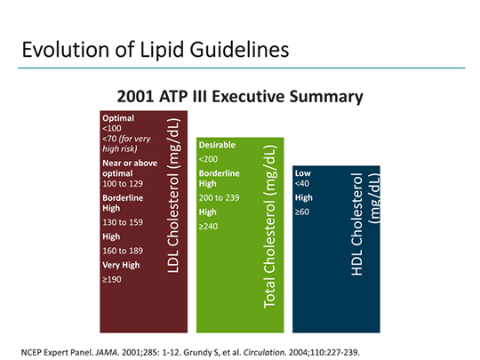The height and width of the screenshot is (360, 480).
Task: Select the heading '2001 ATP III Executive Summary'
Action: (240, 95)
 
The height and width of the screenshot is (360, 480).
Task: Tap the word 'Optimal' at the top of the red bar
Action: (119, 118)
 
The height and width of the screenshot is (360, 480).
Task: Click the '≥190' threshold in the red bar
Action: (113, 278)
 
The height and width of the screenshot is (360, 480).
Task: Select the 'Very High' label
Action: (121, 265)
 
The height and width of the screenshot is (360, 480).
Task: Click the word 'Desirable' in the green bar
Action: (218, 144)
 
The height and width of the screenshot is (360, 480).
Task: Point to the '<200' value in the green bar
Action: (210, 159)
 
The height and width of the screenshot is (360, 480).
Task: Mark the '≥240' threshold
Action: (209, 226)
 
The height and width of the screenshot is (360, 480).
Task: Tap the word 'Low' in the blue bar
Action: (302, 172)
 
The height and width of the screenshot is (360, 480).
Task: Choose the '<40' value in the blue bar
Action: (303, 184)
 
